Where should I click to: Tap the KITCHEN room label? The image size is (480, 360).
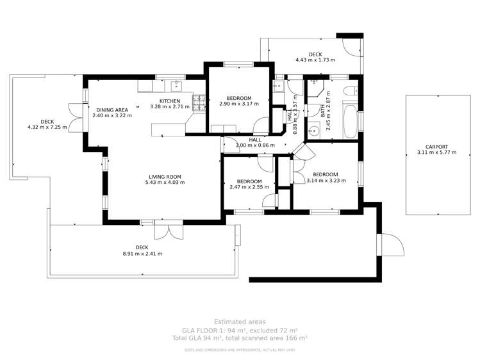click(170, 101)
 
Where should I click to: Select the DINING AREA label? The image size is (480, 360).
click(112, 110)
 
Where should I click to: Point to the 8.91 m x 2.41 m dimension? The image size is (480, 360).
click(142, 254)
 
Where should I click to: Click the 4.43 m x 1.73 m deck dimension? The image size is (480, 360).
click(315, 60)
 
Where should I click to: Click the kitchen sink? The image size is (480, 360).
click(175, 86)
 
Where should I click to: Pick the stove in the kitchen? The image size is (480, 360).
click(199, 101)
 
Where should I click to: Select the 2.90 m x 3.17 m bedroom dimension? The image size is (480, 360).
click(238, 104)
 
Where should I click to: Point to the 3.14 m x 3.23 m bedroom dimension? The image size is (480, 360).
click(326, 181)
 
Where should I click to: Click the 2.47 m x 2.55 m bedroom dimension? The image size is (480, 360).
click(249, 187)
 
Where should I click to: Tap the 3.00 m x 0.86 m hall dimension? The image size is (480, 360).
click(255, 145)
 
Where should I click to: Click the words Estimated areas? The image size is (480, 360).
click(240, 322)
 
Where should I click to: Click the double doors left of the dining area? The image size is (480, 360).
click(77, 117)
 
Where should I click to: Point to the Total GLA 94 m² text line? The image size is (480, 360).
click(240, 338)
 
